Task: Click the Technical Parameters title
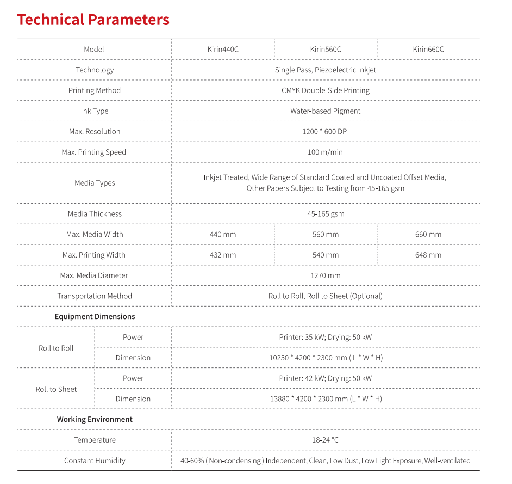(93, 20)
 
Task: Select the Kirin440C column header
(223, 50)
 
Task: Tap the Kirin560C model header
(326, 50)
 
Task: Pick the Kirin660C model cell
(428, 50)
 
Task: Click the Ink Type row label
(95, 111)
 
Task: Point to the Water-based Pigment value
(325, 111)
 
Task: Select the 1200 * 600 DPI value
(325, 132)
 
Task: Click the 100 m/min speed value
(325, 152)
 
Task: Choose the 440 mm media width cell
(223, 235)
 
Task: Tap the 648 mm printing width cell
(428, 255)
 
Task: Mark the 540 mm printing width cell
(326, 255)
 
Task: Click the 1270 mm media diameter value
(326, 275)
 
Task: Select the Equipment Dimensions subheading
(95, 317)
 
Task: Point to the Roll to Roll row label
(56, 348)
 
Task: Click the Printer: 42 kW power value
(325, 378)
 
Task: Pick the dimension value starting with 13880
(326, 399)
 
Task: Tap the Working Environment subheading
(95, 420)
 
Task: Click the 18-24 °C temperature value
(325, 440)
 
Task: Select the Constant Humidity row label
(95, 461)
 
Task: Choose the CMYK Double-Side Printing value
(325, 90)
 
